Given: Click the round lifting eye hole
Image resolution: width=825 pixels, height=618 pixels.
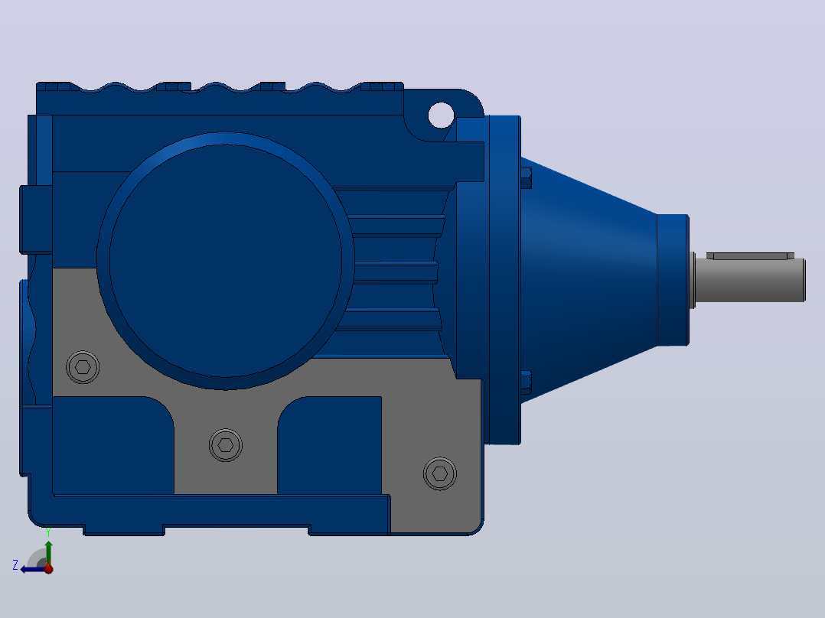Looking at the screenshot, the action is click(441, 115).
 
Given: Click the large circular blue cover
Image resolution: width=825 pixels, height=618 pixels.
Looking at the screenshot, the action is click(226, 261).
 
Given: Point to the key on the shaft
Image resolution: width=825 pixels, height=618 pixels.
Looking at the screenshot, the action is click(750, 255).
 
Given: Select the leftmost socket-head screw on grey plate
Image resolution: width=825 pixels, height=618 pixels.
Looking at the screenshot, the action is click(83, 367).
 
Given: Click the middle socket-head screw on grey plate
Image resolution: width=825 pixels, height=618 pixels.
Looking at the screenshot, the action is click(226, 445).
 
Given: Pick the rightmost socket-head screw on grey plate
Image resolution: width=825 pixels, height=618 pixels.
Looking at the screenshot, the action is click(440, 474).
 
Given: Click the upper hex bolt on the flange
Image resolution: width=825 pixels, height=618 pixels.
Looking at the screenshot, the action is click(526, 178).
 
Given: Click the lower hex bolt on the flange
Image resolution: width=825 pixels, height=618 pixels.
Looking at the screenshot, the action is click(526, 382).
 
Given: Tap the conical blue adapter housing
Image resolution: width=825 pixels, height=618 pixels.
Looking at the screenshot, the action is click(589, 280).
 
